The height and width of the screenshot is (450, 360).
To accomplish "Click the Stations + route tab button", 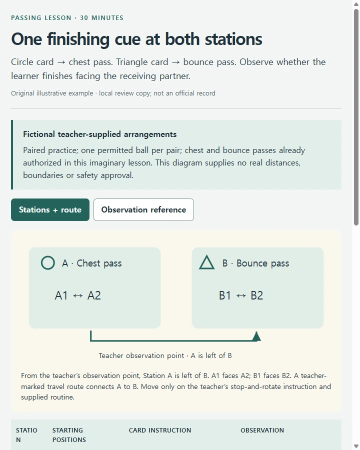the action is [x=50, y=210].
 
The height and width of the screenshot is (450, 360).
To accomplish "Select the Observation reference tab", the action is [x=143, y=210].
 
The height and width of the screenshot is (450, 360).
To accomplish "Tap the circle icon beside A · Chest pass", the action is [x=48, y=263].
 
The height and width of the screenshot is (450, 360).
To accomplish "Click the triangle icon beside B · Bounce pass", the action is [x=206, y=262].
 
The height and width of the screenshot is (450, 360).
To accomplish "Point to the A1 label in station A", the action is [x=61, y=295].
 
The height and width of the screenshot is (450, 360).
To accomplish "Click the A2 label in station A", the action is [x=94, y=295].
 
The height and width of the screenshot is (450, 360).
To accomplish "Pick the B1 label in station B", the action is [x=225, y=295].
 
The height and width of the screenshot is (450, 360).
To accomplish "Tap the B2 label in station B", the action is [x=257, y=295].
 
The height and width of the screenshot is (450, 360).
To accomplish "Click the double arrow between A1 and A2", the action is [x=78, y=296].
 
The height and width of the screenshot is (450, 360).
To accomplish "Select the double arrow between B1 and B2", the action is [x=241, y=296].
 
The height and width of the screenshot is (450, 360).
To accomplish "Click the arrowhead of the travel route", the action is [x=256, y=336].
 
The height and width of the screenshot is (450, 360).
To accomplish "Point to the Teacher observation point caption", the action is [x=165, y=356].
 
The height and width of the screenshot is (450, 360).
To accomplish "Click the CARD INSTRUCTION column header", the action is [x=160, y=430].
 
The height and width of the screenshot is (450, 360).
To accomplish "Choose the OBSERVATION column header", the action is [x=262, y=430].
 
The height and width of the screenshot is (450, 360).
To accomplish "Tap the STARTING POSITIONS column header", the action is [x=69, y=435].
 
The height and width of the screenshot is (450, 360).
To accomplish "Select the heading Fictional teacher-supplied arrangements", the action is [x=100, y=134].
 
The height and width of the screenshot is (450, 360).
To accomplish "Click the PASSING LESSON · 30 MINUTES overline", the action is [x=67, y=18].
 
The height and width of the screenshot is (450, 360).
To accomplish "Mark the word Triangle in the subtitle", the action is [x=142, y=62].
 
